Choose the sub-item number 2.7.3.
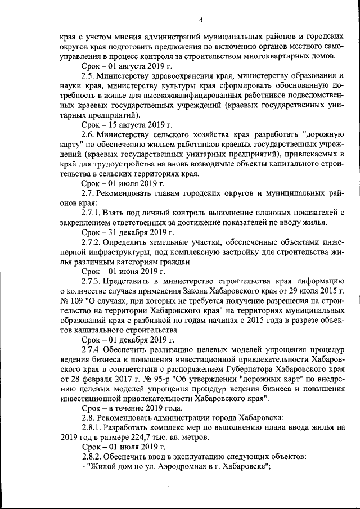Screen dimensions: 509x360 [x=92, y=281]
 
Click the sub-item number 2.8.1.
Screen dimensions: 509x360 [x=92, y=426]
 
